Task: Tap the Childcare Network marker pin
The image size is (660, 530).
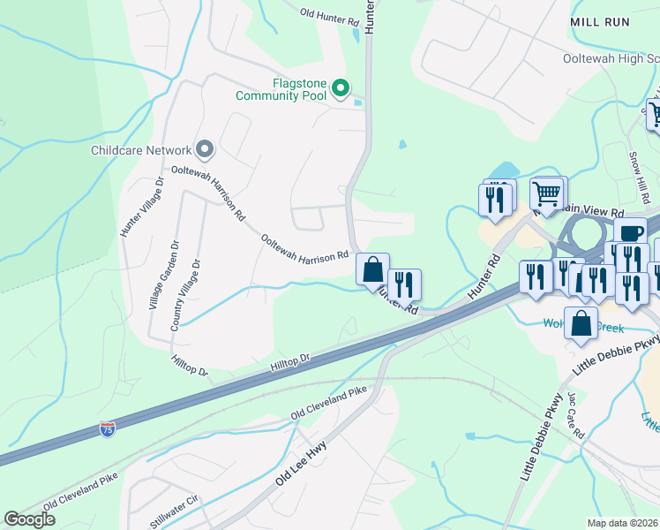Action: (x=205, y=150)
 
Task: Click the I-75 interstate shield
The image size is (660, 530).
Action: (x=107, y=430)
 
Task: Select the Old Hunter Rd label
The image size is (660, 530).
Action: (x=329, y=14)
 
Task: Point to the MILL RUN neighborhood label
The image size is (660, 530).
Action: (x=600, y=22)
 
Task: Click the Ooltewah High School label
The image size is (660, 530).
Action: (x=611, y=58)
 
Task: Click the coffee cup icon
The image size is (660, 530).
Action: (x=630, y=232)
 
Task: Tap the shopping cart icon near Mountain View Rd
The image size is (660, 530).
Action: (x=546, y=192)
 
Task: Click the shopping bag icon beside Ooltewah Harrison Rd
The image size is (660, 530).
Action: (x=373, y=268)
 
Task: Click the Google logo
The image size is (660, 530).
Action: (x=29, y=519)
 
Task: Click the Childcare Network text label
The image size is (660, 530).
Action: (x=141, y=151)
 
